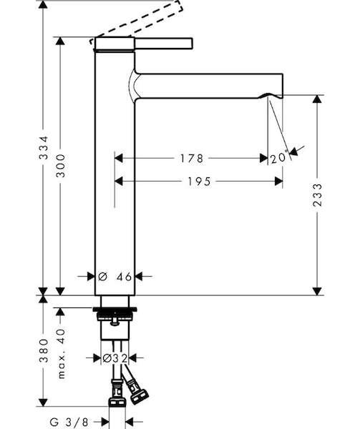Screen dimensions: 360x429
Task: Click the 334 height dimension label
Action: coord(44,147)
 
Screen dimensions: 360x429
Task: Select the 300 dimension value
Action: coord(61,166)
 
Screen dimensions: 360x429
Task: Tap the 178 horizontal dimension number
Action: coord(192,158)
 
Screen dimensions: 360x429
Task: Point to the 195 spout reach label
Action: coord(199,182)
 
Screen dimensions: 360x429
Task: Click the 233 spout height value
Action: coord(317,194)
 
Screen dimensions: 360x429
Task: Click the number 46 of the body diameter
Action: coord(124,277)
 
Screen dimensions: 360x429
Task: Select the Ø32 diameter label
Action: coord(115,358)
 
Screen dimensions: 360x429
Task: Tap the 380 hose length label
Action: coord(44,351)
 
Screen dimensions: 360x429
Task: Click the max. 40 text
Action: coord(62,354)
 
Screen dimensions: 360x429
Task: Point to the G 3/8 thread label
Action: coord(69,422)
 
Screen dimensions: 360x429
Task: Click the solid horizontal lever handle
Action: coord(164,44)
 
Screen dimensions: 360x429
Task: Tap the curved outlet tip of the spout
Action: coord(271,96)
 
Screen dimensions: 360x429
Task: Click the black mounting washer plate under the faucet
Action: coord(115,310)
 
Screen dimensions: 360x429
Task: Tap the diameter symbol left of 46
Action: coord(102,277)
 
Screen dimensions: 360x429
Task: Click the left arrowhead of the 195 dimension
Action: coord(119,181)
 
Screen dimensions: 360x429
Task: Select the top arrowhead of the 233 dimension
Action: coord(317,99)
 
